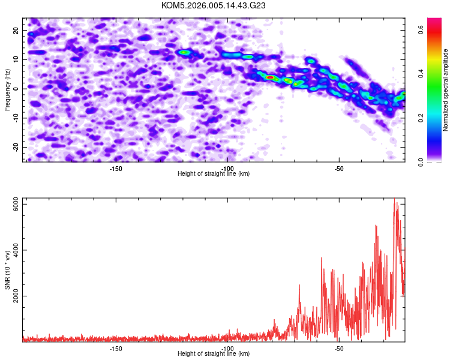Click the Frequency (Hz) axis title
click(8, 89)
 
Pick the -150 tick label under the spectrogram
click(116, 169)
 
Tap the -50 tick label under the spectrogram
click(338, 169)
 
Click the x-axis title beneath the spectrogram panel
click(214, 174)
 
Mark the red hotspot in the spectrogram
click(270, 77)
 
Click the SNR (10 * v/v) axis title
click(8, 270)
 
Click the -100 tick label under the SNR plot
click(227, 349)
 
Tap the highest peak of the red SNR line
click(395, 201)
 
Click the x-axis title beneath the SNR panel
click(214, 354)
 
